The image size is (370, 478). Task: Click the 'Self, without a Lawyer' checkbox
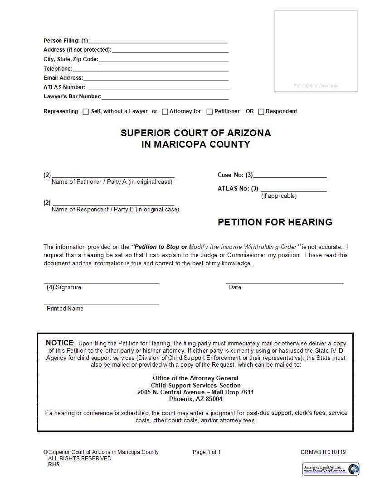86,112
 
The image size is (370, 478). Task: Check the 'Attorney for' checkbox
165,112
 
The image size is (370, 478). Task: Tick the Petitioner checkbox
209,112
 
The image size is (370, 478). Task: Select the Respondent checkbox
261,112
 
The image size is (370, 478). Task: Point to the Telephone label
58,69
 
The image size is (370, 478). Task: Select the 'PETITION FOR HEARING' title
275,222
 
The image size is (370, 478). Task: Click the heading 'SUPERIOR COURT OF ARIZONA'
195,133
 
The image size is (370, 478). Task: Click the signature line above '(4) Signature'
102,283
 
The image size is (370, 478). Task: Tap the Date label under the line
235,287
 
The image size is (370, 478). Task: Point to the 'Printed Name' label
65,309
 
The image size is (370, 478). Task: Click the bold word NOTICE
59,343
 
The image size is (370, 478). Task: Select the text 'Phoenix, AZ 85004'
195,399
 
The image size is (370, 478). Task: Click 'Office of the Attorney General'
195,378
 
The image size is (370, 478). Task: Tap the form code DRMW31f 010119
323,452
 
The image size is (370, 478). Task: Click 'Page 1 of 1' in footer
207,452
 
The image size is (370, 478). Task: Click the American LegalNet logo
331,468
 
